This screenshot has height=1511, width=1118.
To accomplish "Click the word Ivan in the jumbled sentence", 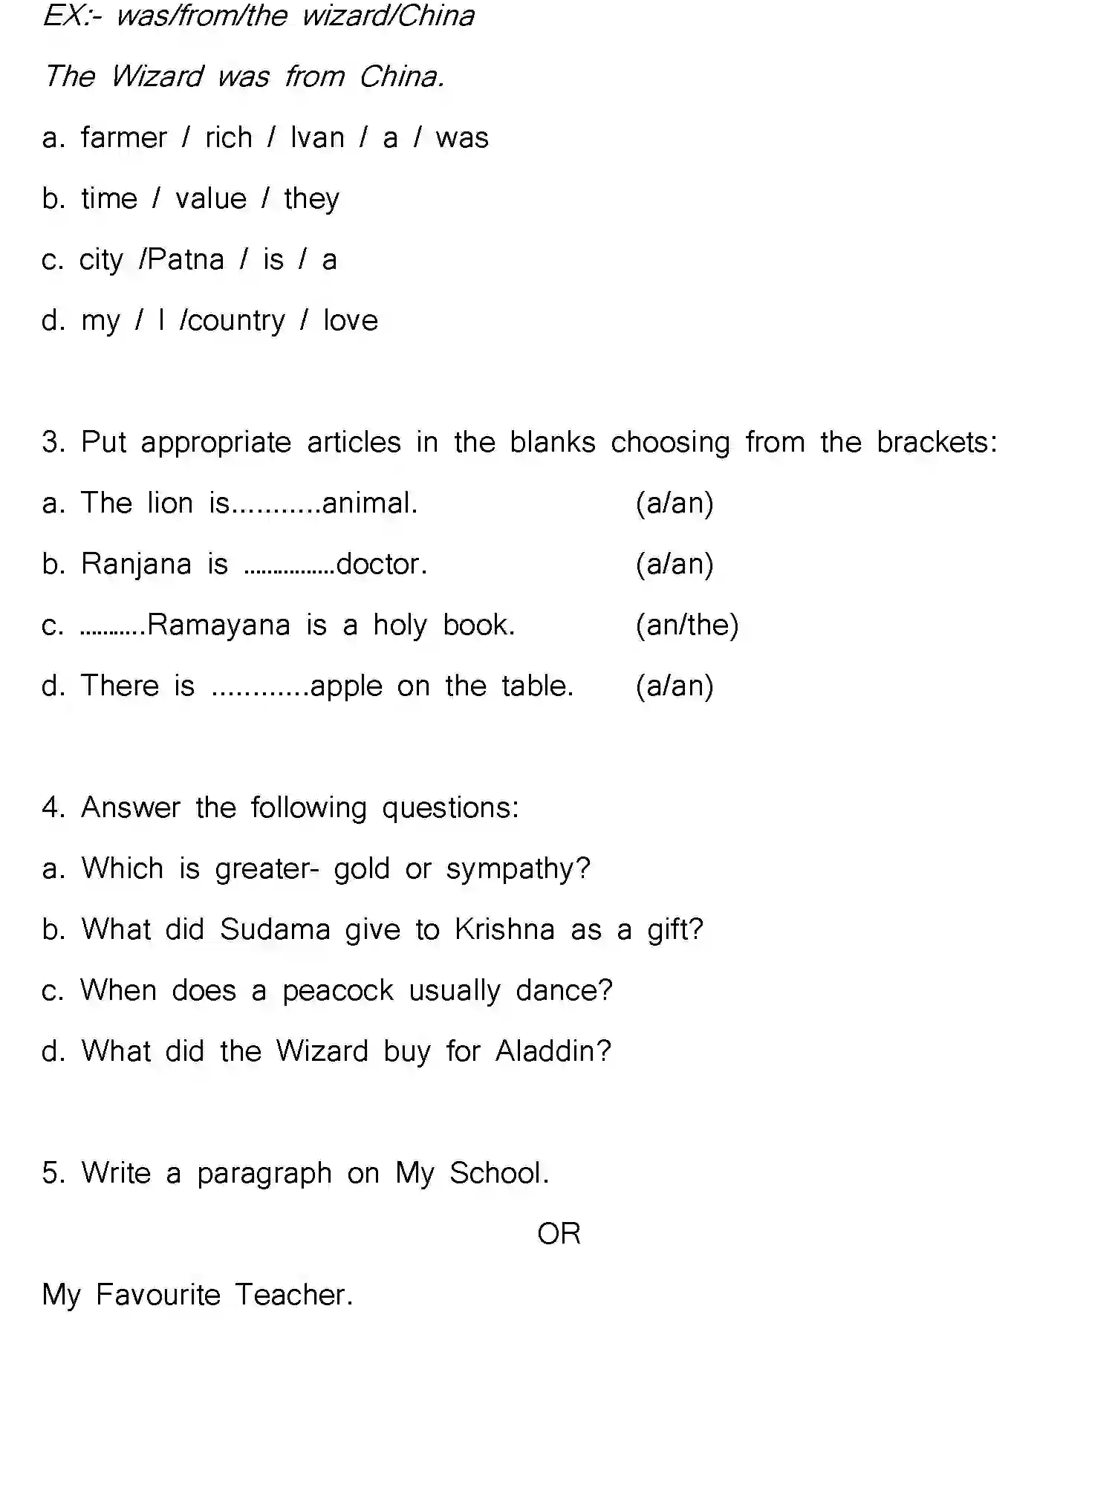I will pos(317,138).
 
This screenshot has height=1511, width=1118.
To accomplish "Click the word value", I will pos(211,199).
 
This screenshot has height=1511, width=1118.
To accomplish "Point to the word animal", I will pos(369,504).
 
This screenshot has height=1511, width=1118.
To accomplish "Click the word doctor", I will pos(381,565).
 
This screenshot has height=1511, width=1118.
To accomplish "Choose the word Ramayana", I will pos(218,625).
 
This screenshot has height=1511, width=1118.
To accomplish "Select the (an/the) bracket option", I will pos(687,625).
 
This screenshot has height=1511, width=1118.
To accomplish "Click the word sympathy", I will pos(517,869).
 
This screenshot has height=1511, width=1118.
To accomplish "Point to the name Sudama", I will pos(275,930).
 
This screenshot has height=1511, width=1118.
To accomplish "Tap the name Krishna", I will pos(505,930).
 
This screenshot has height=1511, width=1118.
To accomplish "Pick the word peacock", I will pos(338,991).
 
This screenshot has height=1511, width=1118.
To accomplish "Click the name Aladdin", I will pos(553,1052).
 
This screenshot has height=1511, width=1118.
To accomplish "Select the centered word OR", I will pos(559,1235).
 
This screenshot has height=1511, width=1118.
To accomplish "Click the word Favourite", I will pos(158,1296).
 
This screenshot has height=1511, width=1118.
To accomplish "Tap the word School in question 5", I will pos(498,1174).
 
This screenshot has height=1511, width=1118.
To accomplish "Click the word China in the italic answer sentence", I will pos(401,77).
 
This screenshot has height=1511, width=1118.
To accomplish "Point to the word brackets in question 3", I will pos(936,443).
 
